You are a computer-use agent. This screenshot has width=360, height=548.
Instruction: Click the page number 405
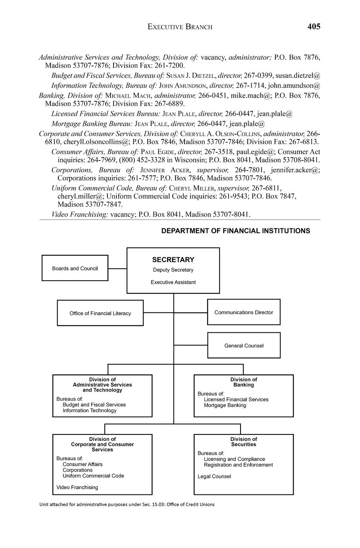[x=314, y=27]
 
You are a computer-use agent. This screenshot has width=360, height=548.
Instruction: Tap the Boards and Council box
[x=75, y=268]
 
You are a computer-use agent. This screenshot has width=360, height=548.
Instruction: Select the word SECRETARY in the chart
[x=173, y=260]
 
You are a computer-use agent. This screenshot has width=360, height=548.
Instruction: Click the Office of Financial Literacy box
[x=100, y=313]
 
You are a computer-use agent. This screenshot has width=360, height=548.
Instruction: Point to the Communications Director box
[x=244, y=312]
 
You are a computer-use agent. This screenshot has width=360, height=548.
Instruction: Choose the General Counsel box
[x=244, y=345]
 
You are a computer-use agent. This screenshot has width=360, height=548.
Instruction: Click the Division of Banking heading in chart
[x=244, y=382]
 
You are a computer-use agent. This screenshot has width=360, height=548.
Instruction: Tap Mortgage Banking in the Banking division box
[x=225, y=405]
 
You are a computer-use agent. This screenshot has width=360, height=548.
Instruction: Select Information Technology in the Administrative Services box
[x=89, y=411]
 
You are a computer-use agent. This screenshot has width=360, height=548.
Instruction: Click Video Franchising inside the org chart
[x=77, y=487]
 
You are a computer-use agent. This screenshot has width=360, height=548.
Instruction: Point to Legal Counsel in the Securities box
[x=214, y=477]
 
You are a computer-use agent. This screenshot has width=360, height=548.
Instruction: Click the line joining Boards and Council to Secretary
[x=117, y=268]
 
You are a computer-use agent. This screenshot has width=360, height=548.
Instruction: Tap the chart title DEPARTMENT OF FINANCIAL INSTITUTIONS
[x=235, y=231]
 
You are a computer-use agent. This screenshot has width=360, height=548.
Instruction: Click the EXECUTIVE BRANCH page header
[x=180, y=27]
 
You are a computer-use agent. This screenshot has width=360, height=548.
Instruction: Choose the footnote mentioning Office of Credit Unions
[x=127, y=504]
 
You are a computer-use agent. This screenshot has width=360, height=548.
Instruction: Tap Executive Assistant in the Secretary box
[x=173, y=282]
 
